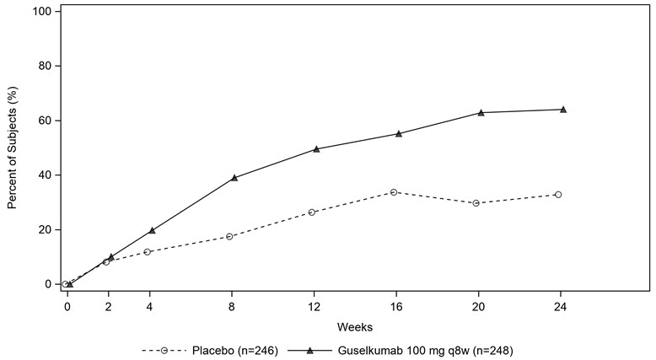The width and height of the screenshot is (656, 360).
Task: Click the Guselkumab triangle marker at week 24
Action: point(563,109)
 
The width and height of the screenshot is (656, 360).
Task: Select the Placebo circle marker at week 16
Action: point(394,192)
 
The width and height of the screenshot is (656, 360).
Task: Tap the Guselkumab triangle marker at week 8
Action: point(234,177)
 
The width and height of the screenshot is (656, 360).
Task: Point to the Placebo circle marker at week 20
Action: point(476,203)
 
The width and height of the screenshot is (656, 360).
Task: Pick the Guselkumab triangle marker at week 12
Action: point(316,148)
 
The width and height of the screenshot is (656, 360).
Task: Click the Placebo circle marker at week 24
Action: point(558,195)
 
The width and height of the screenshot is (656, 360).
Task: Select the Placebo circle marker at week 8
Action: point(229,236)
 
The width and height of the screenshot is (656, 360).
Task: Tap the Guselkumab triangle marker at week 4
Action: point(152,230)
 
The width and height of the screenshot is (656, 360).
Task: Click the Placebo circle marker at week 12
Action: point(311,212)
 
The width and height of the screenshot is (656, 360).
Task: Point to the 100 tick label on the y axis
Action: point(42,12)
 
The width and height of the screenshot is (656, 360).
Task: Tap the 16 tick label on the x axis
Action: point(394,305)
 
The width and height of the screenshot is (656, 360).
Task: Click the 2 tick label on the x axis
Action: point(108,305)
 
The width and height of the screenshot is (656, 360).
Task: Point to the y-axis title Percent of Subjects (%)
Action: point(13,148)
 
